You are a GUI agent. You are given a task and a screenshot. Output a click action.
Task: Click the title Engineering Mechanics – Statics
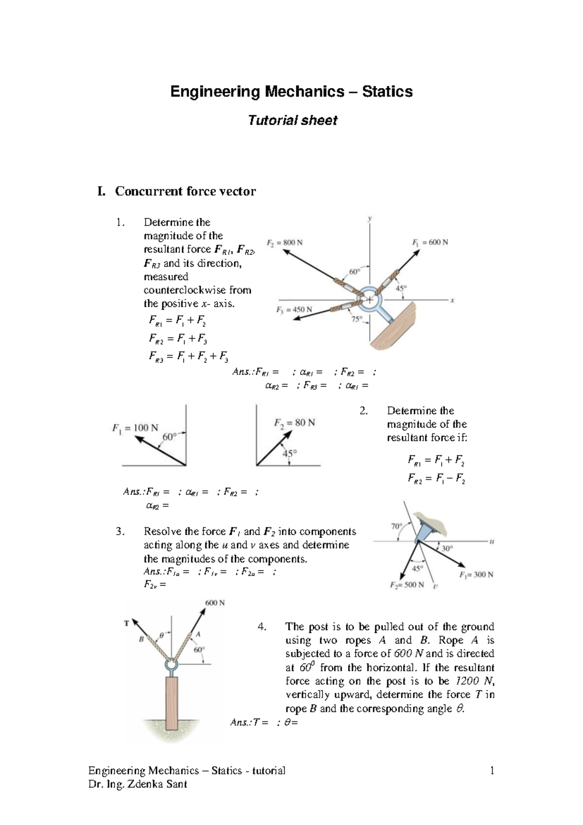[291, 91]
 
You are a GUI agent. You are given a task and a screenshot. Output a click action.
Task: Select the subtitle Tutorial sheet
[292, 120]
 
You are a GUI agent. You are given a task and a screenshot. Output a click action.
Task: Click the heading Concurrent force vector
[185, 191]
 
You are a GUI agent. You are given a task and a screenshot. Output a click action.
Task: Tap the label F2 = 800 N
[285, 242]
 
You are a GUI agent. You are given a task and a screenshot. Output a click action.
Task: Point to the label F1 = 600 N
[430, 242]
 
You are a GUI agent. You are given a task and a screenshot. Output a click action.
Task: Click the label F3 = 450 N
[294, 309]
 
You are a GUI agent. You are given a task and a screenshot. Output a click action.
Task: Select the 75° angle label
[357, 319]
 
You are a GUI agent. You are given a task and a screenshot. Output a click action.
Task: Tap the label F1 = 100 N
[135, 428]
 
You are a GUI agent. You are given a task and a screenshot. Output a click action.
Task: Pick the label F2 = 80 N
[294, 423]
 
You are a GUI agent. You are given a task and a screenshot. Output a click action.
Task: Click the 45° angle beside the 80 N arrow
[290, 453]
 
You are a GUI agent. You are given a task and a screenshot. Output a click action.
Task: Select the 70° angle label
[397, 526]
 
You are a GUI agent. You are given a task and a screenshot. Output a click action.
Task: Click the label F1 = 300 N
[476, 574]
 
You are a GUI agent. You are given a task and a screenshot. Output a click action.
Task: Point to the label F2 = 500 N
[407, 585]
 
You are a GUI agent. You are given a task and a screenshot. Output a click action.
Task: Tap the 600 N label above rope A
[215, 603]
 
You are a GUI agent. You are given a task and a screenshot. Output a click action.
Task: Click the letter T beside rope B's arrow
[127, 623]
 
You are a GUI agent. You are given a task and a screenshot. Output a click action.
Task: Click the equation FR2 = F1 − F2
[436, 479]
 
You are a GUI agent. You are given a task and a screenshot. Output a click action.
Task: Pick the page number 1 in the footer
[492, 771]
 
